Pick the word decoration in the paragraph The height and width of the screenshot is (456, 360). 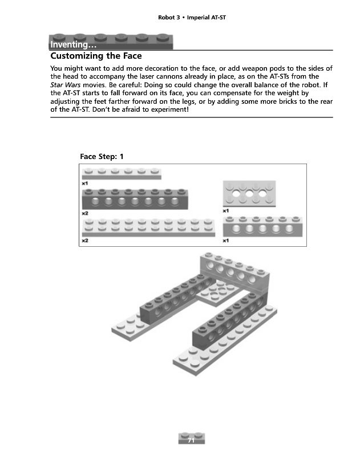click(x=164, y=68)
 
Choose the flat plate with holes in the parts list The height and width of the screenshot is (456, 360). click(x=248, y=194)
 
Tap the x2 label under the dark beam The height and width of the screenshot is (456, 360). click(x=85, y=213)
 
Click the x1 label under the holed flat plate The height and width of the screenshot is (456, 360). click(x=226, y=211)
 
